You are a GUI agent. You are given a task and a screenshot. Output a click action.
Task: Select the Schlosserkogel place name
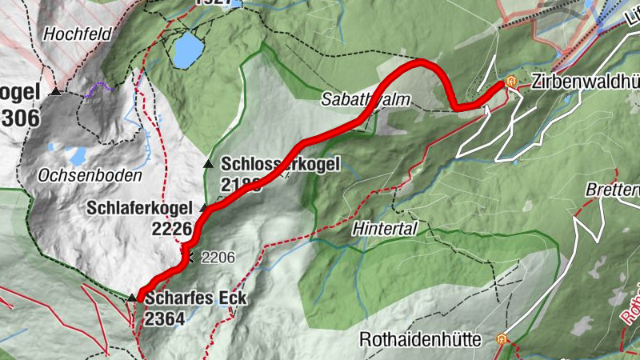point(280,164)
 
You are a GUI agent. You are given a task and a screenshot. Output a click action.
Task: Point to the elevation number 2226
point(172,230)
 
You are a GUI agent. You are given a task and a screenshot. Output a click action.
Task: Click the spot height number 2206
point(218,258)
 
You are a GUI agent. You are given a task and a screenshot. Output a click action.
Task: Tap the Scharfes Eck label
point(196,299)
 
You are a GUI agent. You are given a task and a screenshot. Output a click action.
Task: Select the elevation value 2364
point(165,318)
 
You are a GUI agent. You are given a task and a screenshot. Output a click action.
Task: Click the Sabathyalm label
point(355,99)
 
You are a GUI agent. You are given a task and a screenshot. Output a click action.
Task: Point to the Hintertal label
point(385,229)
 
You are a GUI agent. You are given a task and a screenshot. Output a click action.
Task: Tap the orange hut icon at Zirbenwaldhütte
point(510,82)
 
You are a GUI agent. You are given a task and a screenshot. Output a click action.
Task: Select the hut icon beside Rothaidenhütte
point(502,339)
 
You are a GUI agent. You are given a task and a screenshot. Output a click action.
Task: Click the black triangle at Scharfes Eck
point(132,298)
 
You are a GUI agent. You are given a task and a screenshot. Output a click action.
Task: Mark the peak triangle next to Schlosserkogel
point(209,163)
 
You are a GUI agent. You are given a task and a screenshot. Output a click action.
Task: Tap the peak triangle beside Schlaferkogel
point(203,208)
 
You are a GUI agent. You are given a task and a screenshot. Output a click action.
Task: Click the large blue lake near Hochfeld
point(189,50)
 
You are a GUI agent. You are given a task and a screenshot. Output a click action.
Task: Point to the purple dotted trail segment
point(98,87)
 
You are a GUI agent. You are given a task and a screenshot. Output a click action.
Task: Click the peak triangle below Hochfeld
point(56,92)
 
